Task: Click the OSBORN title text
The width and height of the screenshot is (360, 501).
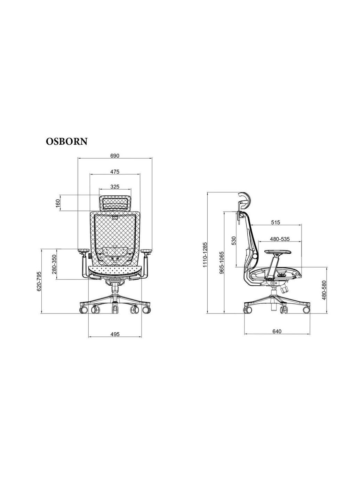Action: click(x=66, y=142)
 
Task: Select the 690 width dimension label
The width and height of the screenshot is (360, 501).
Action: click(x=115, y=156)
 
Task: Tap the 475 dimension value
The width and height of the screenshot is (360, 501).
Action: click(x=115, y=172)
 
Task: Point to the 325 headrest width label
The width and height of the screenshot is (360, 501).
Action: click(x=115, y=187)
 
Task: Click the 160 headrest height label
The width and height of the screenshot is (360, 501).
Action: click(x=57, y=203)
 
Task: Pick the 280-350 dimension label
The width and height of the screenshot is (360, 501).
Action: click(x=54, y=264)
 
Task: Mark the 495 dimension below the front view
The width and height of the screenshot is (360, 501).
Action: click(x=115, y=334)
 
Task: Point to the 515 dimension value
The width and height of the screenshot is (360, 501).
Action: click(x=275, y=222)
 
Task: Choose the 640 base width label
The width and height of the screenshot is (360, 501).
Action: click(x=277, y=331)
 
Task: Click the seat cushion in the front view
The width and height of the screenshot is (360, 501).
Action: click(x=115, y=270)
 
